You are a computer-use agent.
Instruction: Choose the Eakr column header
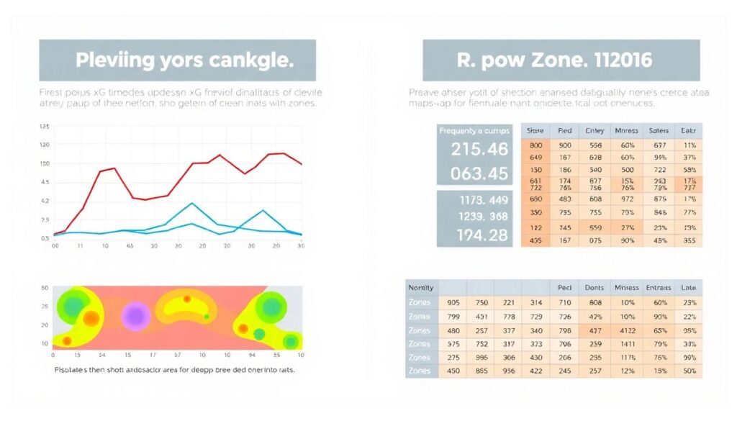[687, 131]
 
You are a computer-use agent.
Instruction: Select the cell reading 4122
[628, 330]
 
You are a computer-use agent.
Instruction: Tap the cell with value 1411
[628, 344]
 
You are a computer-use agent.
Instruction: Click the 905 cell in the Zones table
[453, 303]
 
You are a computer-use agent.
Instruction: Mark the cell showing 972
[627, 199]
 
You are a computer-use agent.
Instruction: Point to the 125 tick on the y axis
[44, 127]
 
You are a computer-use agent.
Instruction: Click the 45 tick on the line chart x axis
[130, 246]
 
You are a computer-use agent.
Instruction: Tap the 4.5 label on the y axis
[45, 182]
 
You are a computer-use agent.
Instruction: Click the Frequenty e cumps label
[474, 131]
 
